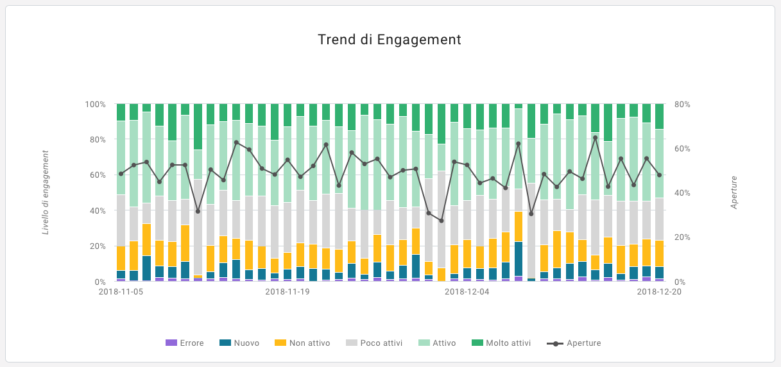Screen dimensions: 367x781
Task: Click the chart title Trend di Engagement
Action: [x=390, y=40]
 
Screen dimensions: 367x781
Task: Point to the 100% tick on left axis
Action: [x=96, y=104]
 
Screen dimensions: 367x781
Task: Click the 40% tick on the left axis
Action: [x=98, y=210]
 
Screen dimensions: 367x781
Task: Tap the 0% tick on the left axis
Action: [x=100, y=282]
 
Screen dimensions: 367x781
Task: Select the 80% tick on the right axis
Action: [x=682, y=104]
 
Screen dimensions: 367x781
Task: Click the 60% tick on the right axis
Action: [x=682, y=148]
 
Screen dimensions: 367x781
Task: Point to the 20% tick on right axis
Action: [x=682, y=237]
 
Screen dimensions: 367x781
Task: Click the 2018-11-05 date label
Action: [x=121, y=291]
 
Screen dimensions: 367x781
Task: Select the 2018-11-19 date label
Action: [x=288, y=291]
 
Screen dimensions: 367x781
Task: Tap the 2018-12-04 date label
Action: [x=467, y=291]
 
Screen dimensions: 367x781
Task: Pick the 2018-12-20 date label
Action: [x=659, y=291]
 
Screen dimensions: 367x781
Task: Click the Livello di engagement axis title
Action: [x=46, y=192]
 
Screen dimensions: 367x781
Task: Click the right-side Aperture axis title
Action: [x=734, y=192]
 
